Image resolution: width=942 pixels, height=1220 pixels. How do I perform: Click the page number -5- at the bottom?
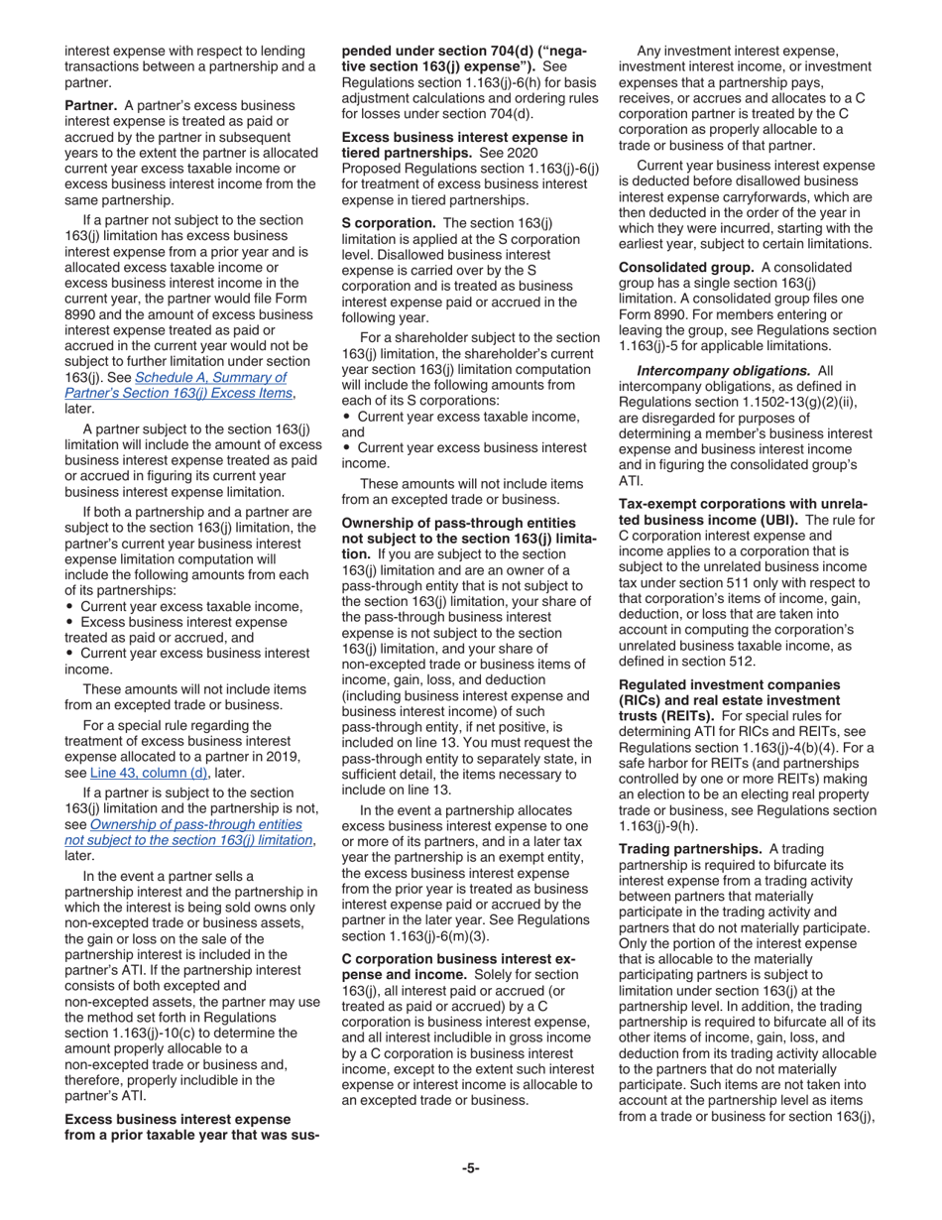470,1167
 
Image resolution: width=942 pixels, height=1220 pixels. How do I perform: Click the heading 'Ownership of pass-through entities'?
458,522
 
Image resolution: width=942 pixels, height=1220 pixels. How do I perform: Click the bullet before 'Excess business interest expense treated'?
69,623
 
